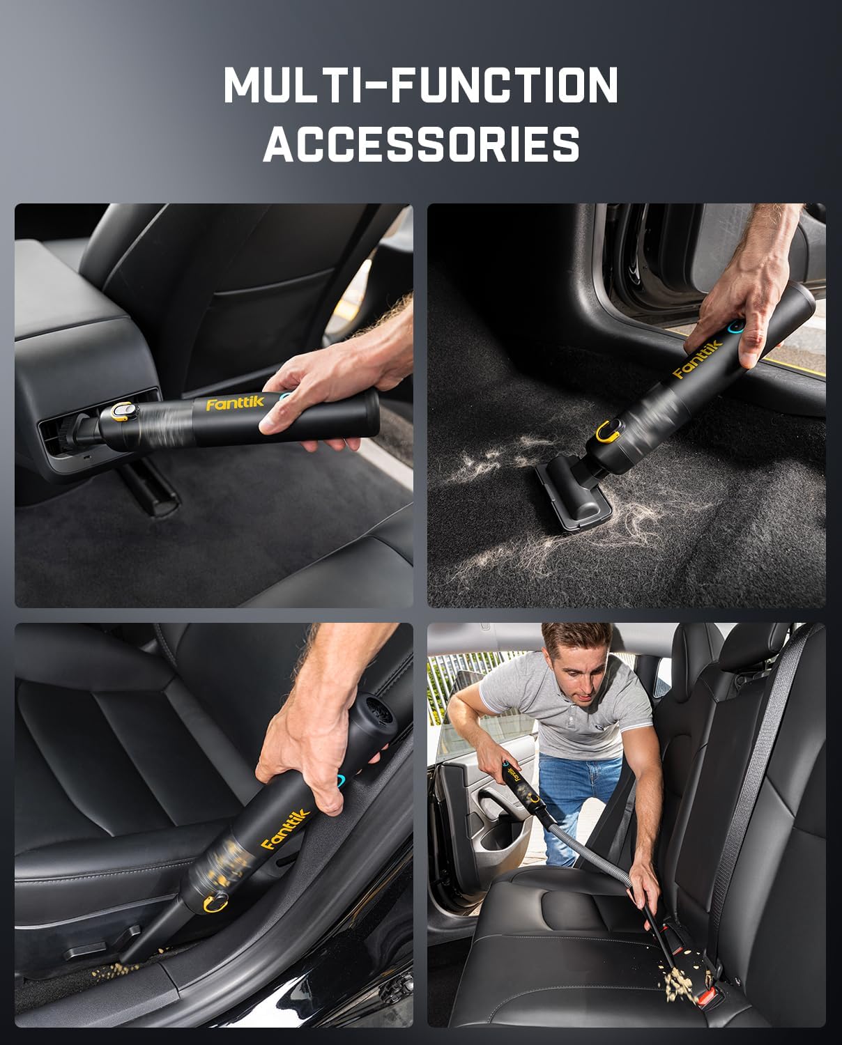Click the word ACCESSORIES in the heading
point(421,144)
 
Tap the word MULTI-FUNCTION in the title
point(421,86)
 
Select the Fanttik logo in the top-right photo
point(697,362)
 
